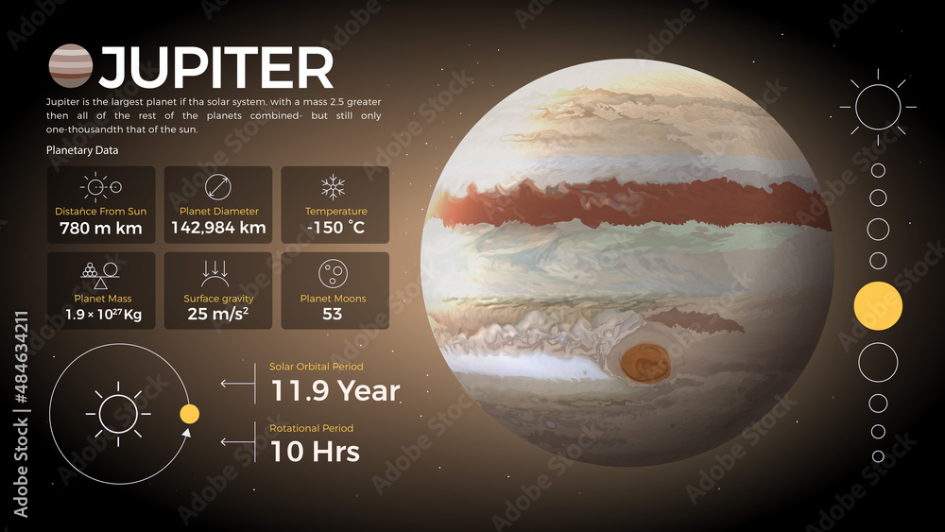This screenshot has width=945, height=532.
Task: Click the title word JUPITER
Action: [216, 68]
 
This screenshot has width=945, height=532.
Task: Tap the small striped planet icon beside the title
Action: [70, 66]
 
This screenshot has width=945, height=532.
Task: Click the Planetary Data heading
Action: [82, 150]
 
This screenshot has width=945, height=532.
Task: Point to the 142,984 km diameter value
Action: [218, 228]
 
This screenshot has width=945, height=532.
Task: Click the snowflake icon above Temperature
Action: [333, 186]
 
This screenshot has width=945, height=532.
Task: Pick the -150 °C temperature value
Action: [335, 228]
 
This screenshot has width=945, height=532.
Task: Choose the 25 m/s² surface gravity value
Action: [218, 314]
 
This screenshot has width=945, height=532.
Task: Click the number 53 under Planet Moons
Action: [333, 314]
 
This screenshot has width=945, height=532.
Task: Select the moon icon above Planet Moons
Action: [332, 273]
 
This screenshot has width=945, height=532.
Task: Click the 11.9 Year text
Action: [335, 390]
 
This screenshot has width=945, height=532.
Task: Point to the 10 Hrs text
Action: [315, 451]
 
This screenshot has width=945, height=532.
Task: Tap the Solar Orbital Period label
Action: [316, 367]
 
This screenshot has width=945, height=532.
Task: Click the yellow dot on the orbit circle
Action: [189, 414]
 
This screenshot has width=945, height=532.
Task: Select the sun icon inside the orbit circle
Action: [118, 414]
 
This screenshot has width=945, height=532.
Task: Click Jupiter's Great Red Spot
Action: [645, 363]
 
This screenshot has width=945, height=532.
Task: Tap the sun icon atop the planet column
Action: [878, 106]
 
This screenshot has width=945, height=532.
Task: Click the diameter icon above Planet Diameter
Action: [218, 186]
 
